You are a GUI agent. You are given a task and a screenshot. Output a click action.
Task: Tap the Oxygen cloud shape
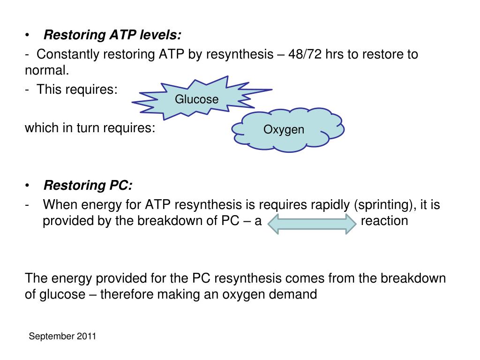pos(284,130)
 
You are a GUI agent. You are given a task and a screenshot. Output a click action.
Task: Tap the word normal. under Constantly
pos(47,71)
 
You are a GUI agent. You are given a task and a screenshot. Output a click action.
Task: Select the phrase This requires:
pos(77,89)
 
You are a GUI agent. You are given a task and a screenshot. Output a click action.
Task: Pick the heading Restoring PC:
pos(88,186)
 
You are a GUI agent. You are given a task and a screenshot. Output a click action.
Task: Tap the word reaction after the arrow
pos(384,221)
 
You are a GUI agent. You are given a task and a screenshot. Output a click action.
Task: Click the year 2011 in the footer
pos(87,336)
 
